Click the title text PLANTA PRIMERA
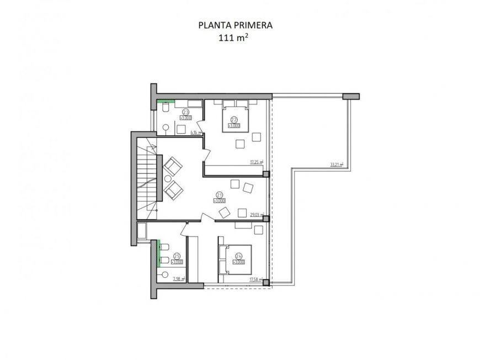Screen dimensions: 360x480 235,25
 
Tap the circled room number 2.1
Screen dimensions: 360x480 219,195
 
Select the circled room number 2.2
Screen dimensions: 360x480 234,120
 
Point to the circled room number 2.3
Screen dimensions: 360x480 186,112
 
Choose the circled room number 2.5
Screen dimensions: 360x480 177,256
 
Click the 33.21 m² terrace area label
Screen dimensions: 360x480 336,165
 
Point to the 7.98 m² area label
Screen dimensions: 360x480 178,279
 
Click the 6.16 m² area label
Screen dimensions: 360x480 195,133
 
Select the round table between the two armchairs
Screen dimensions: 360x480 168,178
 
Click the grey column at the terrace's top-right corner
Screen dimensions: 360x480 350,96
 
